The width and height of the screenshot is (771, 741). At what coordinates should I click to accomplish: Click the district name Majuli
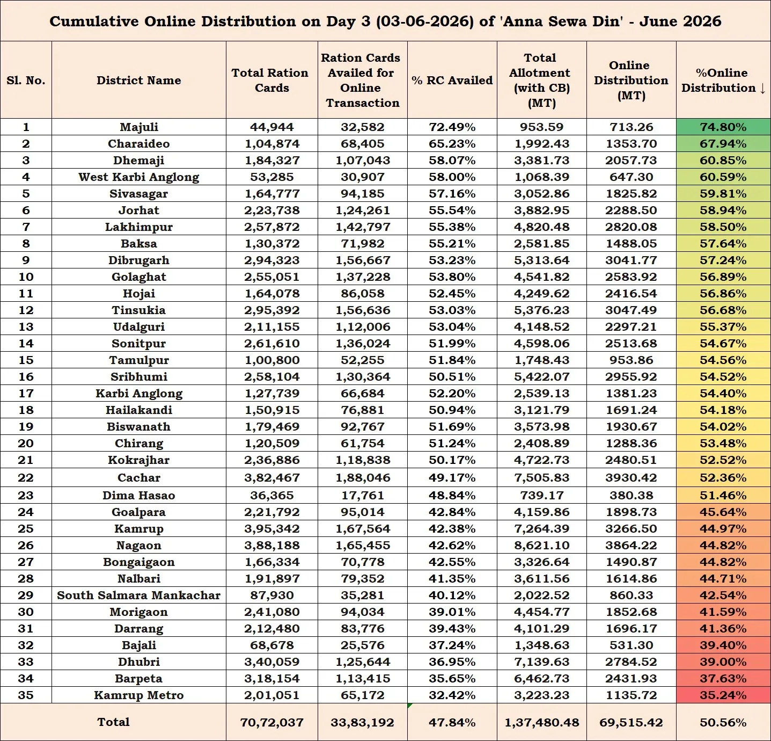tap(138, 127)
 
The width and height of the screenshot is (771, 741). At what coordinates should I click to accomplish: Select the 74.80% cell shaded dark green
tap(723, 127)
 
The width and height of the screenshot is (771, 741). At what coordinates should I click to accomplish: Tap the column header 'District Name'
tap(138, 80)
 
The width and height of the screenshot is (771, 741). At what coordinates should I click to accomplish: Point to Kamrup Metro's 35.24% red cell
tap(723, 695)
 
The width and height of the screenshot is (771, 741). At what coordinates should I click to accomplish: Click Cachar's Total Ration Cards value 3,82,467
tap(272, 477)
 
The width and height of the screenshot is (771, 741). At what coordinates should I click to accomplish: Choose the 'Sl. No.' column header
tap(26, 80)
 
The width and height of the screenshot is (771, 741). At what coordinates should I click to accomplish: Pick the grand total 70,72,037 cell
tap(272, 722)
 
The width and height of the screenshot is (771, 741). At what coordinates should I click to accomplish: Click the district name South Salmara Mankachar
tap(138, 595)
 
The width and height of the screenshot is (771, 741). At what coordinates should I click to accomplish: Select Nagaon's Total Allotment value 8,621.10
tap(541, 545)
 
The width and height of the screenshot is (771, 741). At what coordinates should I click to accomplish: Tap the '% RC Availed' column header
tap(452, 80)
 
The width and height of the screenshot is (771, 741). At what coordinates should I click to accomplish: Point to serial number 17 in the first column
tap(26, 393)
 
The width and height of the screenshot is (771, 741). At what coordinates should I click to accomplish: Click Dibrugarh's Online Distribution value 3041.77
tap(631, 260)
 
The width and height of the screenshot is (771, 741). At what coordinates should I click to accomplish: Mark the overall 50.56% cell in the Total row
tap(723, 722)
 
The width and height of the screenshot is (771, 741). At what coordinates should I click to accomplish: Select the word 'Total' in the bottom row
tap(113, 722)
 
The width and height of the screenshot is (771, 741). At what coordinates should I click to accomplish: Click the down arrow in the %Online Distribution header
tap(762, 88)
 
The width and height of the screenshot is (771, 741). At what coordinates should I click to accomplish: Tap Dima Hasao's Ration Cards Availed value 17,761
tap(363, 495)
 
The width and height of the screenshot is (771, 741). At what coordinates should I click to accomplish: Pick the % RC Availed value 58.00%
tap(452, 177)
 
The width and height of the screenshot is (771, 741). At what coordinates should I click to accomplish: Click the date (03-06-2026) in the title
tap(425, 21)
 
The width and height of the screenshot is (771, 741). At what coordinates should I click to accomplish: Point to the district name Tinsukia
tap(138, 310)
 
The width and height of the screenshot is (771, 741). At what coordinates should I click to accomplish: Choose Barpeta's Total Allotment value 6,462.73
tap(541, 678)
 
